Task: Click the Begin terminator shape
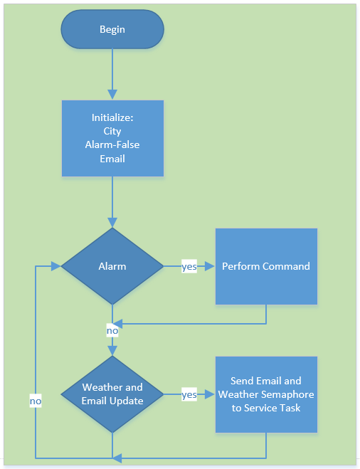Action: coord(112,29)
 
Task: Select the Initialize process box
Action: coord(112,138)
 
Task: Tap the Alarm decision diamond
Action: coord(112,266)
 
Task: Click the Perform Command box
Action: coord(266,266)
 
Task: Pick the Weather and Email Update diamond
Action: coord(112,394)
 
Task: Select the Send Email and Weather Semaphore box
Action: coord(266,394)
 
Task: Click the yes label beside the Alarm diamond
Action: coord(189,266)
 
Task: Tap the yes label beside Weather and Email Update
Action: coord(189,394)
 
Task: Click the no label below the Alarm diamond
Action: coord(112,330)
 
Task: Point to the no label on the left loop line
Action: coord(36,401)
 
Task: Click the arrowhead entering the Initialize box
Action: coord(112,95)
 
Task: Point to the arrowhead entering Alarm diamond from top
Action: coord(112,223)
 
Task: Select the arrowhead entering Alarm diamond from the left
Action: coord(56,266)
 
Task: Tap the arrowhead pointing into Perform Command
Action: coord(210,266)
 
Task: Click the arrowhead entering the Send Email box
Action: coord(210,394)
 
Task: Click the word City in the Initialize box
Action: coord(112,132)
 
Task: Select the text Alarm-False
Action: coord(112,144)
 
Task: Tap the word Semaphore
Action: coord(289,394)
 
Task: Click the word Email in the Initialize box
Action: coord(112,159)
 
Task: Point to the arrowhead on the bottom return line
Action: coord(117,458)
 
